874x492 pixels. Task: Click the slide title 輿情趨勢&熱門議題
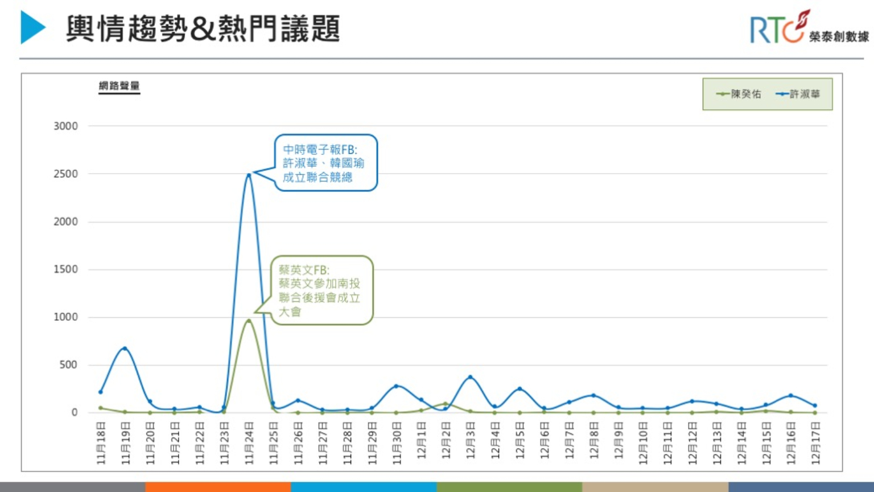(x=203, y=28)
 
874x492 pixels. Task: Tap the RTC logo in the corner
(x=809, y=28)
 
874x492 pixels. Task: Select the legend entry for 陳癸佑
(x=739, y=94)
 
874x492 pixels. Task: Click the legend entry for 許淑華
(x=798, y=94)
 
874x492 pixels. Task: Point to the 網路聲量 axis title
(x=119, y=86)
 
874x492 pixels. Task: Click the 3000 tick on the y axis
(x=65, y=126)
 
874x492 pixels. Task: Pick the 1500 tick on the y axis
(x=65, y=269)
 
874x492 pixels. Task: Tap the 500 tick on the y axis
(x=68, y=365)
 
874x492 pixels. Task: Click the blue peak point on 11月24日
(x=249, y=174)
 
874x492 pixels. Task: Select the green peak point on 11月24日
(x=249, y=321)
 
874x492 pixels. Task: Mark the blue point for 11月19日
(x=125, y=348)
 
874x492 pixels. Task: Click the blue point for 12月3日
(x=470, y=377)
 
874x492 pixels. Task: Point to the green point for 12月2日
(x=446, y=404)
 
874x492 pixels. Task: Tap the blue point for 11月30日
(x=396, y=386)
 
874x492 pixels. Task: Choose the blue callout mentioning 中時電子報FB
(x=325, y=163)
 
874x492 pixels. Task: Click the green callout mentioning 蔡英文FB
(x=321, y=290)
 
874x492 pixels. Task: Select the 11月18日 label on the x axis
(x=101, y=443)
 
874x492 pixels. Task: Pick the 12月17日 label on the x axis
(x=815, y=443)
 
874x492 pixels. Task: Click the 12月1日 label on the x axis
(x=421, y=443)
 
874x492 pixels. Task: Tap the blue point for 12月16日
(x=791, y=395)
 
